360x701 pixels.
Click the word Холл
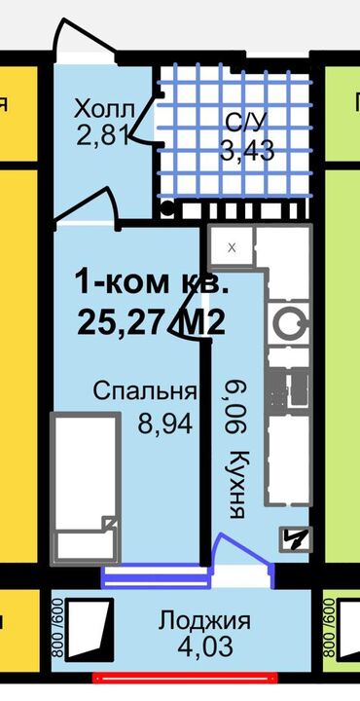105,109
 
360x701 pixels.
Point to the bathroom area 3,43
247,152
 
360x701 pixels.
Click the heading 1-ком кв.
153,283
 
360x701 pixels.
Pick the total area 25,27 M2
151,322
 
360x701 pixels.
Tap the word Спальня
145,392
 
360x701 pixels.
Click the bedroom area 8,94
164,424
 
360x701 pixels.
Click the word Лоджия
205,621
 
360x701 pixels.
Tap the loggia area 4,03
205,646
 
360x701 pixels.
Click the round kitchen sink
289,322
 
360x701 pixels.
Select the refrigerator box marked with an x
232,247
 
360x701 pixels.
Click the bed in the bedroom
87,489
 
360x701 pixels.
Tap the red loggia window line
185,678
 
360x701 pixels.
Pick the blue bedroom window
156,576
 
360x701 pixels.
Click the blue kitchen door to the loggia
243,559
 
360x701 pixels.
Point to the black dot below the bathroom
166,208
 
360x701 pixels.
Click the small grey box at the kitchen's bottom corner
296,539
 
